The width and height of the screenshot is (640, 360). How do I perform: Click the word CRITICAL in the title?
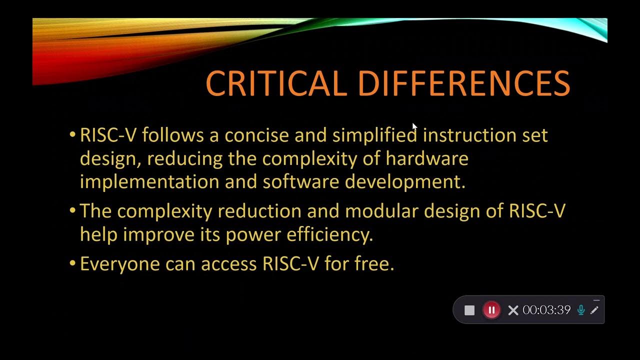[276, 83]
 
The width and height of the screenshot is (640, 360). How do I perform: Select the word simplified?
[374, 135]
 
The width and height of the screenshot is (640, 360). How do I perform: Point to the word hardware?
[426, 158]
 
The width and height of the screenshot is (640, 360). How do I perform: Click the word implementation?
[149, 181]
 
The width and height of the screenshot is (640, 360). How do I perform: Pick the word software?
[301, 181]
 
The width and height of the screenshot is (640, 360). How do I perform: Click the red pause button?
[491, 310]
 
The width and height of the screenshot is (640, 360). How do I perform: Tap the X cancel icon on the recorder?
[513, 310]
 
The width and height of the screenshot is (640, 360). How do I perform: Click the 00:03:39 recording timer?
[546, 310]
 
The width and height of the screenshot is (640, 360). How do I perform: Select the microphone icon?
[581, 310]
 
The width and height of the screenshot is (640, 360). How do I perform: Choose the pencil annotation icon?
[594, 310]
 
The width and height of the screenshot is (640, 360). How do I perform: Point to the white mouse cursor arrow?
[414, 127]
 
